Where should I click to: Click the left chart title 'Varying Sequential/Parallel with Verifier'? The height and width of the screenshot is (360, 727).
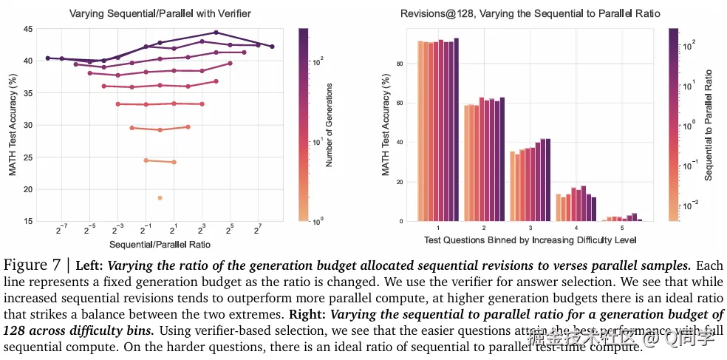(160, 13)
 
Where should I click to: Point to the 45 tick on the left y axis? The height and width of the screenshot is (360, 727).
(27, 29)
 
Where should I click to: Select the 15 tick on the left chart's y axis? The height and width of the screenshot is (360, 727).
(27, 221)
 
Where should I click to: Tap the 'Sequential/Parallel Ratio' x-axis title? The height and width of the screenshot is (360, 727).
(160, 244)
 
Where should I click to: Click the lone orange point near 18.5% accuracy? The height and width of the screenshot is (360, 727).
(160, 198)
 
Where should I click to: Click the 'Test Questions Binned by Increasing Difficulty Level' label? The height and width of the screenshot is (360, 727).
(530, 240)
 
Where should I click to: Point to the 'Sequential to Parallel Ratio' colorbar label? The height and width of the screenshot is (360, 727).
(708, 124)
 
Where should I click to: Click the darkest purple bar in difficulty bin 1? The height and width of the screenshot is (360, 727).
(457, 129)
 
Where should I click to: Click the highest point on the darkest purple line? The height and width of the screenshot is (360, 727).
(216, 33)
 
